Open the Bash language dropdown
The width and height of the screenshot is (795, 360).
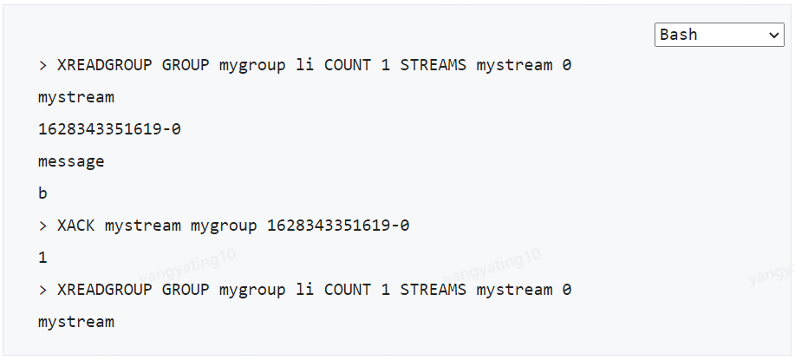tap(718, 35)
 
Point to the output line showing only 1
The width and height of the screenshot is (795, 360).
tap(42, 258)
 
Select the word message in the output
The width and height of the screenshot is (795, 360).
tap(71, 161)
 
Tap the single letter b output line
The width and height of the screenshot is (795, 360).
tap(42, 193)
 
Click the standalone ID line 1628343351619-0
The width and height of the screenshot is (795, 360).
tap(109, 129)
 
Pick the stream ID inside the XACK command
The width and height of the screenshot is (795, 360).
tap(338, 226)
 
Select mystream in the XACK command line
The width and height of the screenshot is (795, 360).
tap(143, 226)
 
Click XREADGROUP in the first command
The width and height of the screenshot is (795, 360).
tap(105, 65)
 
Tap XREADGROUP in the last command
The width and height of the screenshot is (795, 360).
tap(105, 290)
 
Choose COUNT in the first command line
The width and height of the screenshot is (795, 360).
tap(348, 65)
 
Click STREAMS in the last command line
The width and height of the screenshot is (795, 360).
tap(433, 290)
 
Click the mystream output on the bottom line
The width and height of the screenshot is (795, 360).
tap(76, 322)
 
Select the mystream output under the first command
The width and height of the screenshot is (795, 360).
tap(76, 97)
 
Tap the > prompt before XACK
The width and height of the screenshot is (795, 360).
tap(42, 226)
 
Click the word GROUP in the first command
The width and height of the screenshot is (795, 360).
tap(186, 65)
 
